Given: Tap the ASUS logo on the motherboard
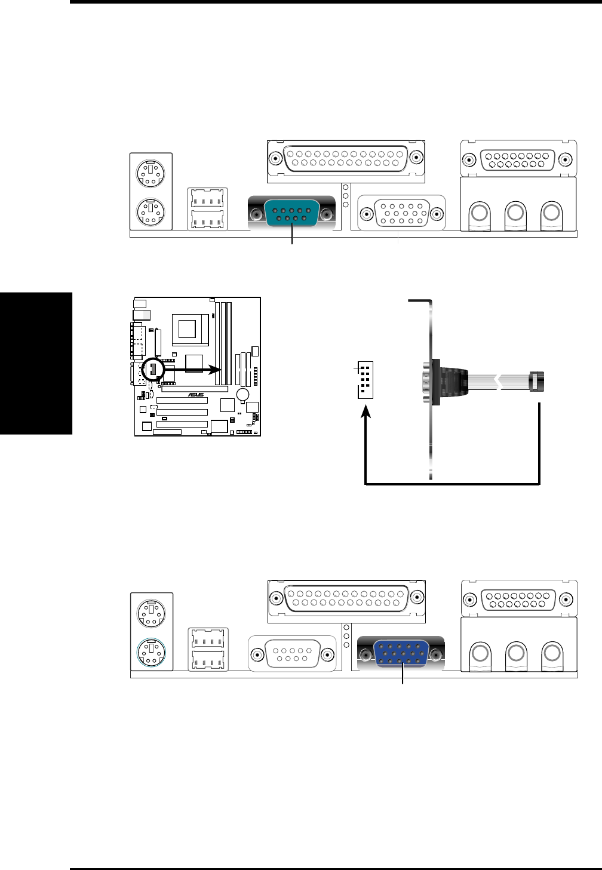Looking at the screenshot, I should click(196, 395).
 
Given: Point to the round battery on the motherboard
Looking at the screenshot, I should click(242, 395).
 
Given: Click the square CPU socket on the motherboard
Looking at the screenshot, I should click(189, 329).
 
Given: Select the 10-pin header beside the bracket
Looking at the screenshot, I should click(364, 380).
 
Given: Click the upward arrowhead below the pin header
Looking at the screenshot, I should click(365, 413).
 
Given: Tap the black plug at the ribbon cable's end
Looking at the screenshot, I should click(537, 380).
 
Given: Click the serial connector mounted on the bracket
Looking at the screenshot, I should click(433, 381).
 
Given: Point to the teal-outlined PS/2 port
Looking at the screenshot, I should click(152, 653).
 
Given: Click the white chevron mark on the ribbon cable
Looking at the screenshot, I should click(495, 380).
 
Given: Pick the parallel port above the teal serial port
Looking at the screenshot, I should click(346, 159).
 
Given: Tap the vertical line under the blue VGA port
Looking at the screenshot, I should click(403, 678).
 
